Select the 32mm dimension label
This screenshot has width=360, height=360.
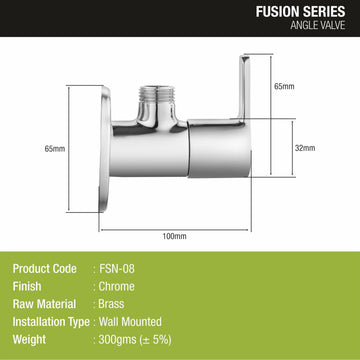pos(305,148)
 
